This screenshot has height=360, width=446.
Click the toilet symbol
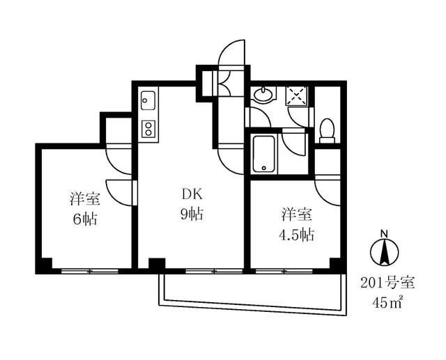[326, 130]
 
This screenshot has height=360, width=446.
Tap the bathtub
[264, 154]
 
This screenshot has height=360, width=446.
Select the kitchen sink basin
[148, 102]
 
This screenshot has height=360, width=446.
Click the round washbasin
[263, 95]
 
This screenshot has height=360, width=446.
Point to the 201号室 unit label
[387, 283]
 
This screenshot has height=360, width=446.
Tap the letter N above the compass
[383, 233]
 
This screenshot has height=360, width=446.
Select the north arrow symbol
[383, 252]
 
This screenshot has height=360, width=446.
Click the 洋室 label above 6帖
[84, 198]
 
